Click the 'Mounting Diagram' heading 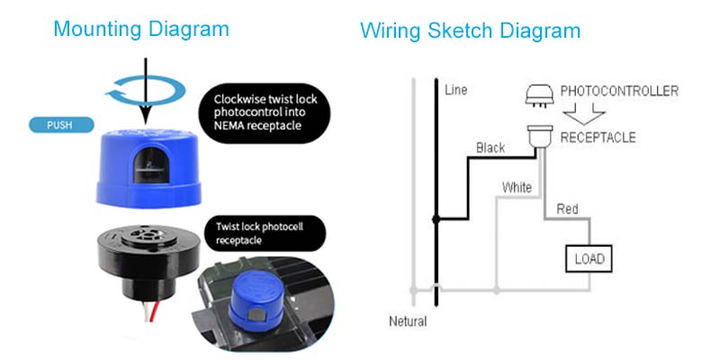click(141, 29)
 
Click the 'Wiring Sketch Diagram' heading click(470, 31)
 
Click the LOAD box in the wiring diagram click(588, 260)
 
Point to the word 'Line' click(455, 90)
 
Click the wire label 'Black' click(490, 148)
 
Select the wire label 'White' click(517, 187)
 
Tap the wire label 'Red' click(567, 209)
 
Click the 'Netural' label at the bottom click(407, 321)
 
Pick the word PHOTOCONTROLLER click(619, 92)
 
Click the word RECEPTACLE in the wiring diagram click(598, 138)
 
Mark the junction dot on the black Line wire click(436, 219)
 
